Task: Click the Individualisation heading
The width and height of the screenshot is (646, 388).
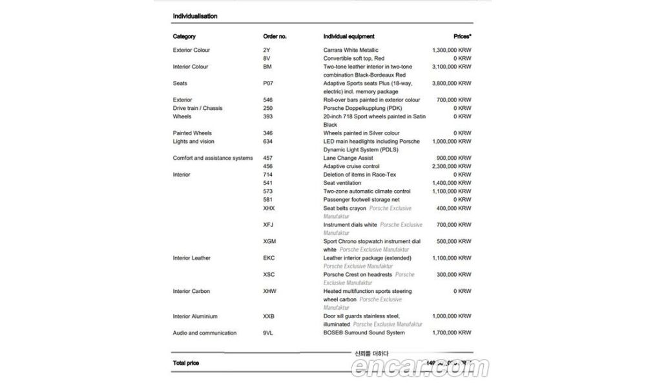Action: coord(195,16)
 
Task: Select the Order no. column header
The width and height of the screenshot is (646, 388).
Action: coord(275,36)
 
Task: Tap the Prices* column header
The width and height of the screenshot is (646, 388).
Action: coord(462,36)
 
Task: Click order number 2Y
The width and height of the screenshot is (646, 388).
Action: coord(267,50)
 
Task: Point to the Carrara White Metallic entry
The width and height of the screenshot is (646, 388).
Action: coord(351,50)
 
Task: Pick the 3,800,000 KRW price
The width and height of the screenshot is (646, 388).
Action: coord(452,83)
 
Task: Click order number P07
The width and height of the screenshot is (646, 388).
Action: coord(269,83)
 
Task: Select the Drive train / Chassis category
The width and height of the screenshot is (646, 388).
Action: coord(198,108)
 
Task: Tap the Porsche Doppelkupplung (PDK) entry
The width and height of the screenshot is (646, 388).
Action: coord(364,108)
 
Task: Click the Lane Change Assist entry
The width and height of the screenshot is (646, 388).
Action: coord(349,158)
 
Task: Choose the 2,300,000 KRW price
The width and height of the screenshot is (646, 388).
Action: coord(452,167)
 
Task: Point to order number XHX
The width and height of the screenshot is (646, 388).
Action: coord(269,208)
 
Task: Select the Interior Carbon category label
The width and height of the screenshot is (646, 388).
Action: coord(191,292)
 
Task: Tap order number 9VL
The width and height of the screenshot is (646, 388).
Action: coord(269,333)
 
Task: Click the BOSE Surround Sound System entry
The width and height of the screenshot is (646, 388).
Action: coord(364,333)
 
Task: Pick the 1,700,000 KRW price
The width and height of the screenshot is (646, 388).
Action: coord(452,333)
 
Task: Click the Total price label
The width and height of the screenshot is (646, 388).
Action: coord(186,363)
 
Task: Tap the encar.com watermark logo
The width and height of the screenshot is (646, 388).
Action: coord(420,368)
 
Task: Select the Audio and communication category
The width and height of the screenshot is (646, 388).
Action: coord(205,333)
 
